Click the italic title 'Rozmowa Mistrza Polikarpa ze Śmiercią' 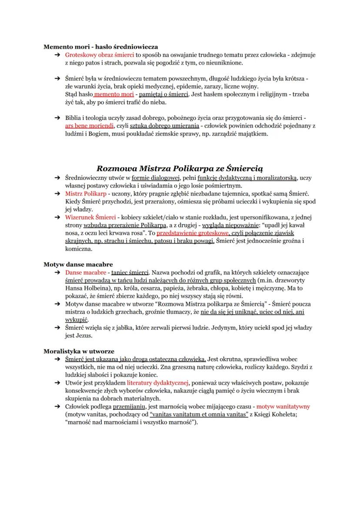coord(179,168)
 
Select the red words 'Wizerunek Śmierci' coord(90,217)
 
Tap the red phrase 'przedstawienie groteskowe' coord(192,233)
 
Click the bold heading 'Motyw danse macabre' coord(78,264)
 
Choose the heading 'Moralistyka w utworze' coord(79,351)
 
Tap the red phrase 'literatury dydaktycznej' coord(157,383)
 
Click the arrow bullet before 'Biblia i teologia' coord(57,118)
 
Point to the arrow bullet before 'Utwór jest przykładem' coord(57,383)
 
